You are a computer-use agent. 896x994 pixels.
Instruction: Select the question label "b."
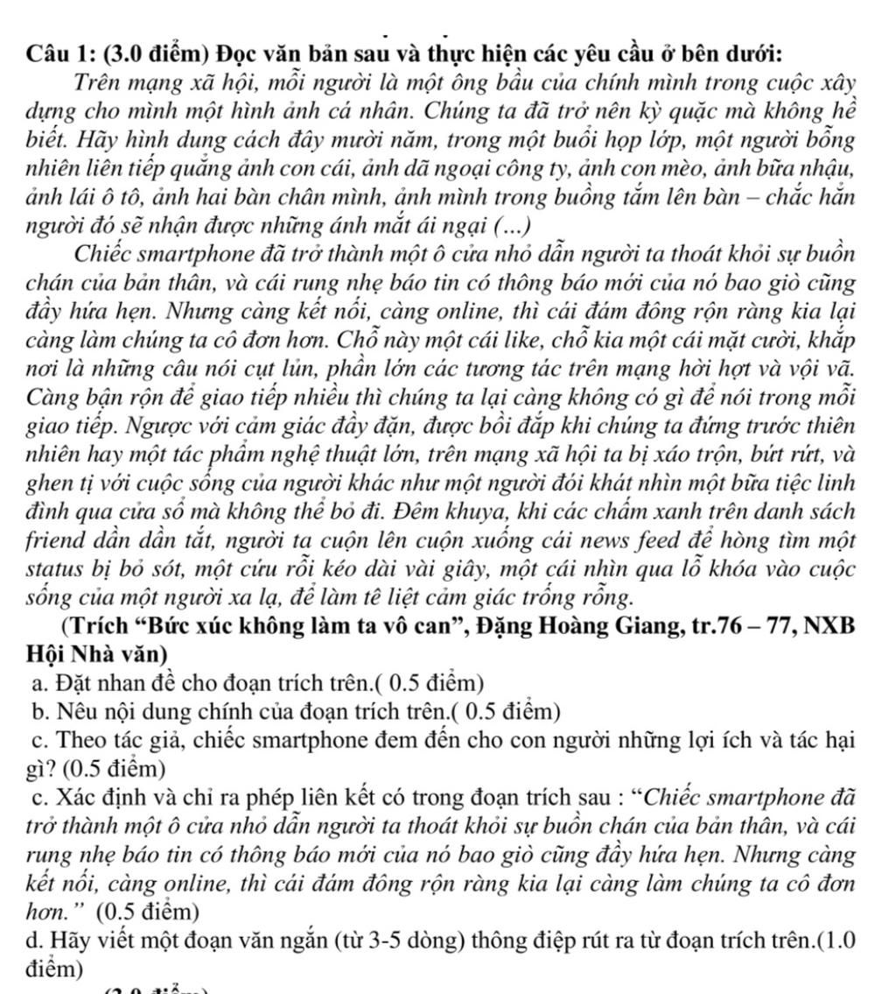(x=37, y=710)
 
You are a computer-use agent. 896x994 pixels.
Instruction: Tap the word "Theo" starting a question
(x=80, y=740)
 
